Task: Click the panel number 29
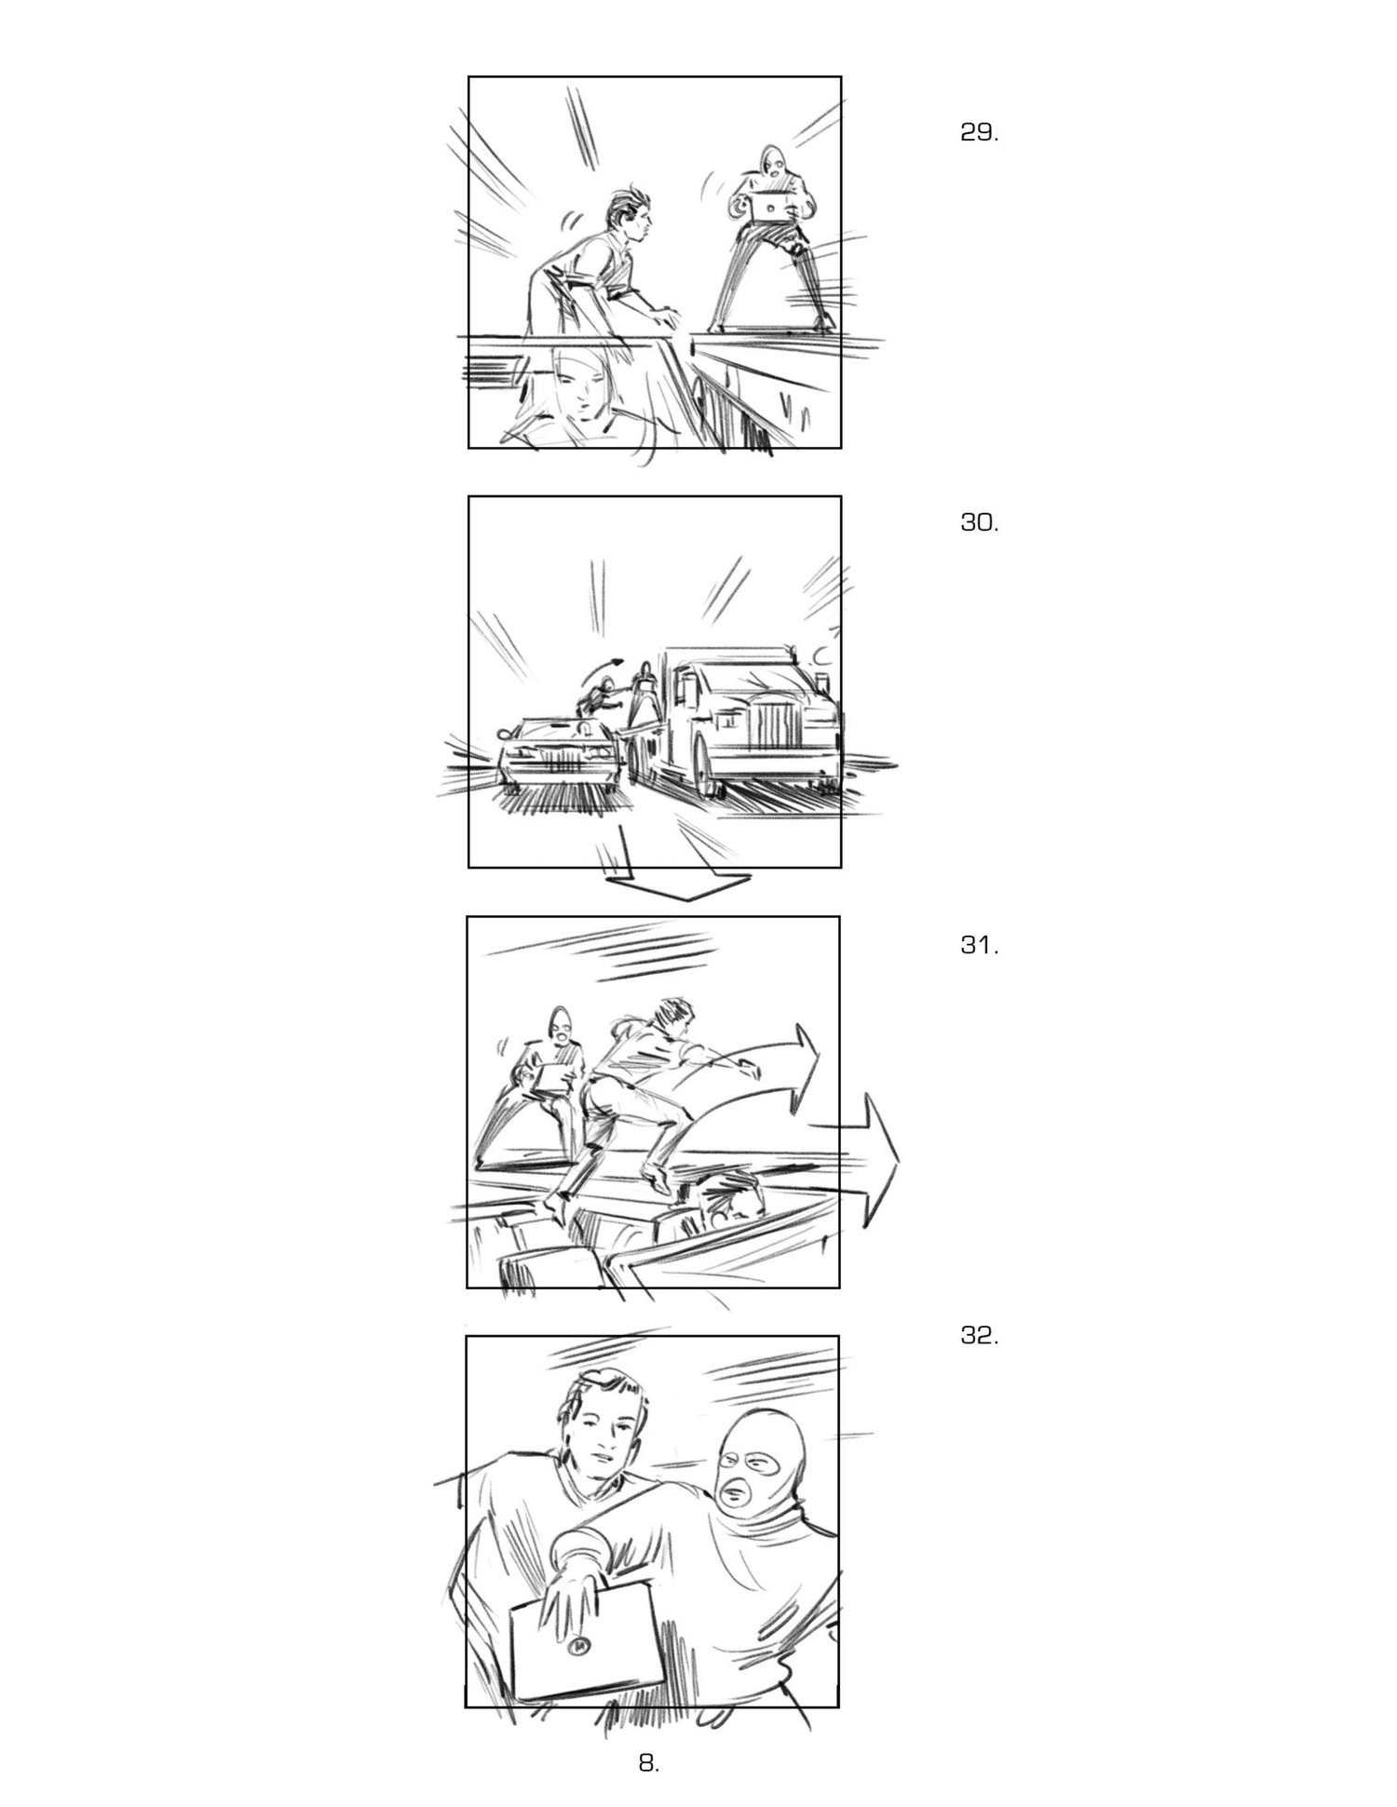coord(979,132)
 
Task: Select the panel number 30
coord(979,523)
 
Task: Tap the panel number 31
coord(979,947)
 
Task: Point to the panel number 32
coord(979,1337)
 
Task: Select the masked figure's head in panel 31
coord(561,1026)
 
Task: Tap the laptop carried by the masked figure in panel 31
coord(555,1078)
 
